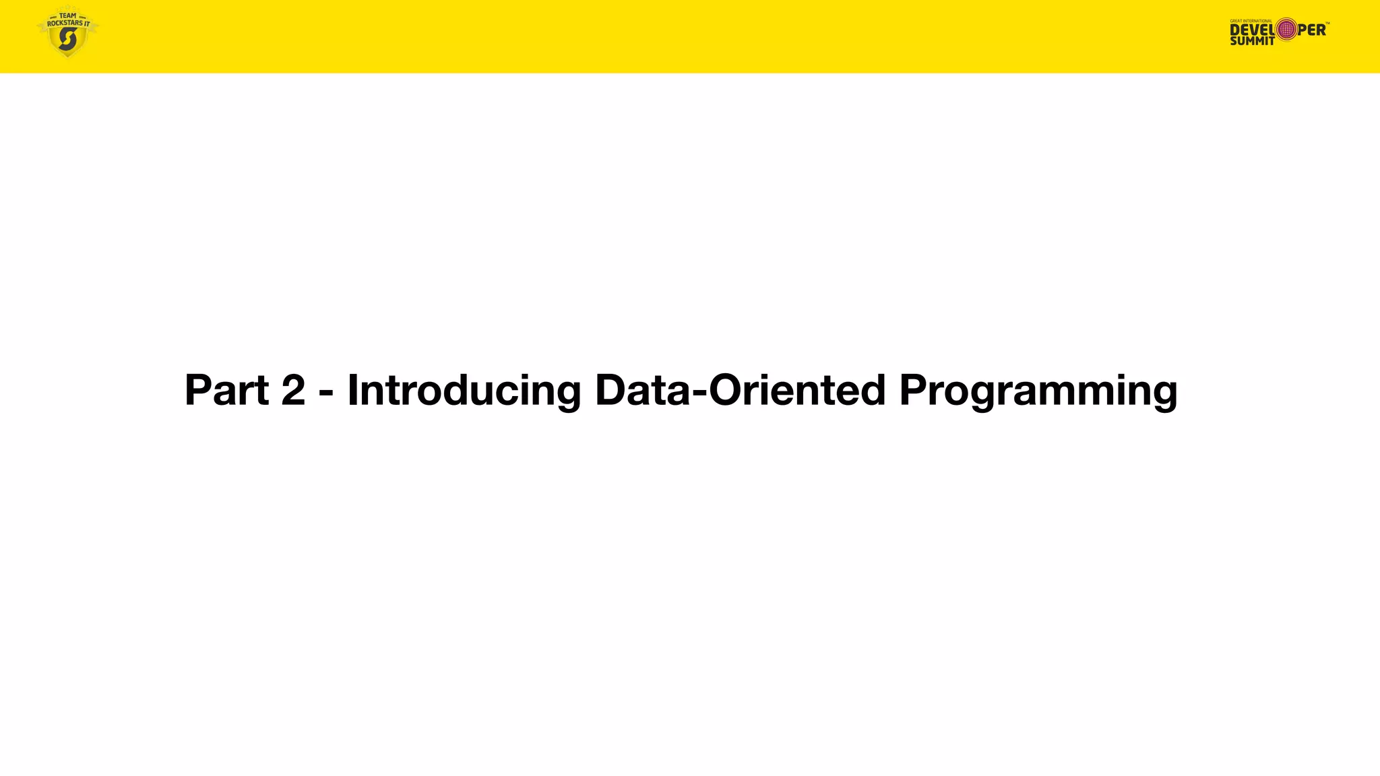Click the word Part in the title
(226, 390)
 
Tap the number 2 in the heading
(293, 390)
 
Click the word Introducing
(464, 390)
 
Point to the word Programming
(1038, 391)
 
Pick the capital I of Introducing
(352, 390)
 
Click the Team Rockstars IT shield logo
(67, 32)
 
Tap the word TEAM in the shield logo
(68, 15)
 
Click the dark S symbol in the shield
(67, 40)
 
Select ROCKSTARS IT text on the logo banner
(68, 24)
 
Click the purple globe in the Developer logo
(1286, 29)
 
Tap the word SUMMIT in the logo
(1252, 41)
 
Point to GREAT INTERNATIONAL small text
(1251, 21)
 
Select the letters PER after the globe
(1311, 30)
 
